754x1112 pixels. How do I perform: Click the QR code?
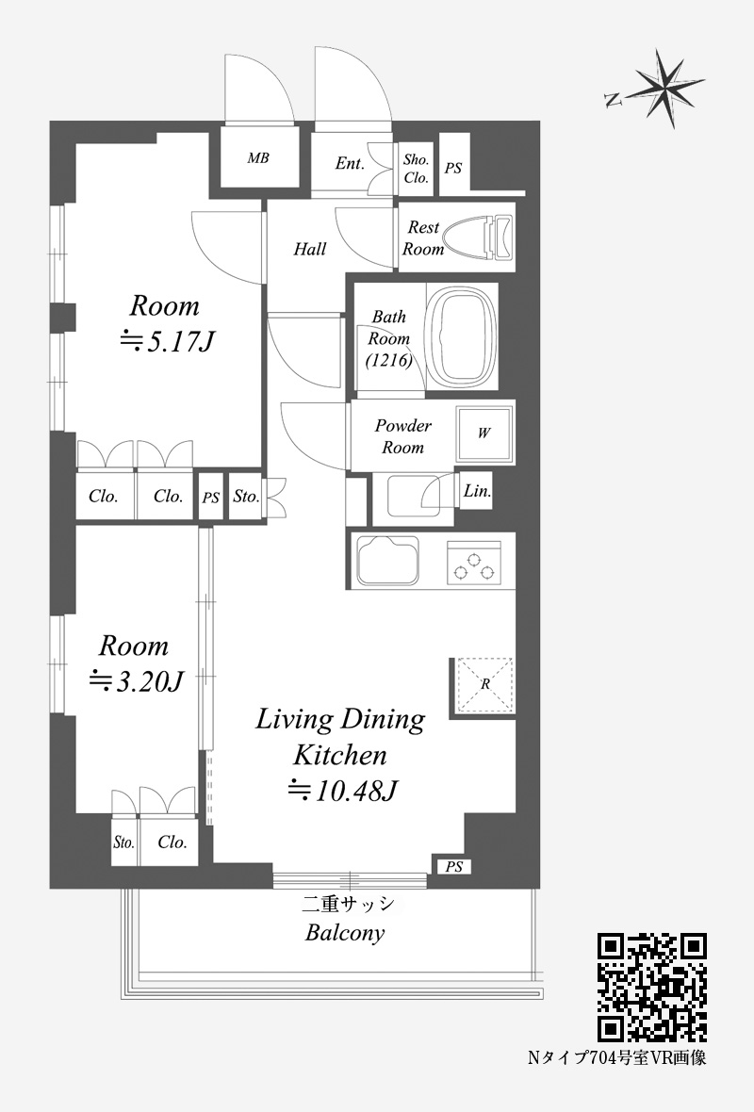pos(652,988)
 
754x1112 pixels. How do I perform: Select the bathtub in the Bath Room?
pos(460,336)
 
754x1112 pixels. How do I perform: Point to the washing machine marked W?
pos(484,433)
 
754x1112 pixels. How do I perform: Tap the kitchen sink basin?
pos(387,561)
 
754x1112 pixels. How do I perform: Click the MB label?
pos(258,158)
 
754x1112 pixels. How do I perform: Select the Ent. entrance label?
pos(350,164)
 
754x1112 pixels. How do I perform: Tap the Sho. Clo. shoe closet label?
pos(417,169)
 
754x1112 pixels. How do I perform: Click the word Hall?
pos(310,249)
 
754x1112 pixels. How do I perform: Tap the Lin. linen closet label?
pos(477,491)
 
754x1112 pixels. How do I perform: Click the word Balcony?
pos(345,933)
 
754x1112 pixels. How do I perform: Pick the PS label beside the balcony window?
pos(454,867)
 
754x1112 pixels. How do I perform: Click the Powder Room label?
pos(402,436)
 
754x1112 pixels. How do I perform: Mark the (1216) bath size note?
pos(388,360)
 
